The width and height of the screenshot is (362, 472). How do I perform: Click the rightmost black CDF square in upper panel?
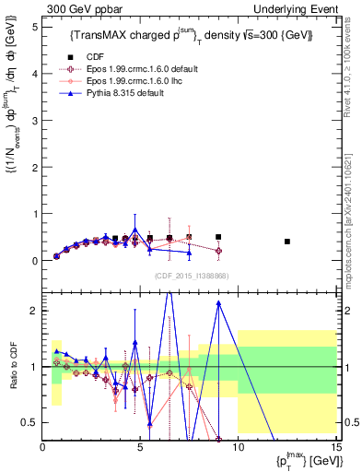[x=288, y=242]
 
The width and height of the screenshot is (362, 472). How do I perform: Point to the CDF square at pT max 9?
[x=218, y=237]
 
